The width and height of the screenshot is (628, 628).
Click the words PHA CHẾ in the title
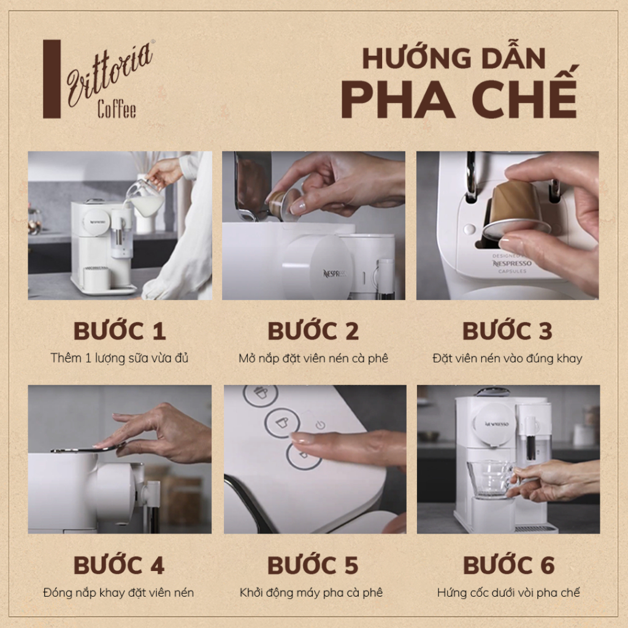click(x=459, y=98)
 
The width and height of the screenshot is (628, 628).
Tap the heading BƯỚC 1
click(x=120, y=331)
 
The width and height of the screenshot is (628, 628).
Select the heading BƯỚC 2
click(x=313, y=331)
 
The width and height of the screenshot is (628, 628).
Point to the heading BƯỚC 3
click(x=507, y=331)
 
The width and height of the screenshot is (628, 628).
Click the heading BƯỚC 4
click(x=119, y=565)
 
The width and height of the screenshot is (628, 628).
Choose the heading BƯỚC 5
click(x=313, y=565)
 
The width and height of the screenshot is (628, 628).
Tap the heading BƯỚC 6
click(x=508, y=565)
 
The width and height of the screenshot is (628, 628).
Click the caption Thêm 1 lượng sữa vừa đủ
click(x=120, y=358)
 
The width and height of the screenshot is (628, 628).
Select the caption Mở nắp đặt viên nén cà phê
click(x=313, y=358)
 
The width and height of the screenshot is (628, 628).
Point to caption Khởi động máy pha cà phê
click(x=312, y=592)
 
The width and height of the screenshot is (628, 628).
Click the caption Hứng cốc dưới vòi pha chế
click(x=508, y=592)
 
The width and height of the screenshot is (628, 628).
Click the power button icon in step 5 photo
click(x=320, y=425)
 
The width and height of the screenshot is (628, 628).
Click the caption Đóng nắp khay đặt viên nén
click(x=119, y=592)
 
